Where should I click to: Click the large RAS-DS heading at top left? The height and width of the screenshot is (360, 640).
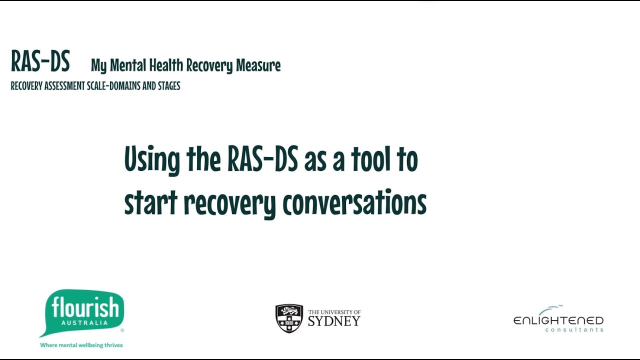[x=40, y=61]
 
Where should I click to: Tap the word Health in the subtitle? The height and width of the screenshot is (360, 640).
[x=165, y=65]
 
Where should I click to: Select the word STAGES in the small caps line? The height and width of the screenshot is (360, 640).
[x=168, y=86]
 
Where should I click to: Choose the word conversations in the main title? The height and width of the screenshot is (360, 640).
[x=354, y=202]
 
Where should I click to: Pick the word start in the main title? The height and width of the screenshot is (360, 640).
[x=150, y=202]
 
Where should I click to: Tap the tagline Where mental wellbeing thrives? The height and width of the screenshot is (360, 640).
[x=81, y=345]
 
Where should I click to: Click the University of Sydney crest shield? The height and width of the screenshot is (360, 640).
[x=289, y=318]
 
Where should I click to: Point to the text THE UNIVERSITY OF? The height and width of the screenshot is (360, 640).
[x=334, y=312]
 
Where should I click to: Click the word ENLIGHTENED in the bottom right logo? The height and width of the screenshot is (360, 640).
[x=558, y=320]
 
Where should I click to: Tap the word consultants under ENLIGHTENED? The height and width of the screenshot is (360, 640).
[x=574, y=330]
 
